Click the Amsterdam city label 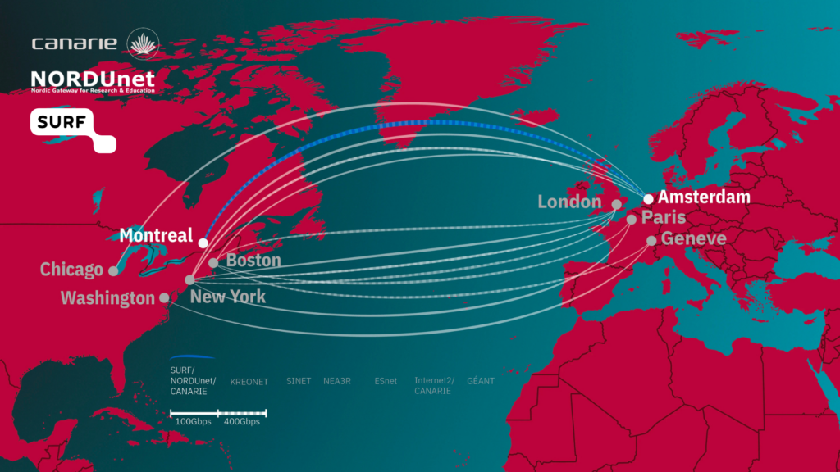click(x=704, y=197)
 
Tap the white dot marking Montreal click(x=203, y=243)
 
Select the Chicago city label click(x=72, y=269)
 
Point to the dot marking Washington click(x=165, y=298)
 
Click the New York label click(x=228, y=296)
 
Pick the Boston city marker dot click(x=213, y=263)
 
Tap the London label click(x=569, y=202)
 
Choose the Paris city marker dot click(x=631, y=220)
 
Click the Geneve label click(x=693, y=238)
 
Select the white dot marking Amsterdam click(x=648, y=199)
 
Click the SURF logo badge click(x=72, y=129)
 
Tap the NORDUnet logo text click(x=92, y=79)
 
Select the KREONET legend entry click(x=249, y=382)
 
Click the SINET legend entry click(x=299, y=381)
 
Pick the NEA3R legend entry click(x=337, y=381)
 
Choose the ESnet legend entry click(x=386, y=381)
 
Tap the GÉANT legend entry click(x=481, y=381)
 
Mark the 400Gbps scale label click(x=241, y=421)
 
